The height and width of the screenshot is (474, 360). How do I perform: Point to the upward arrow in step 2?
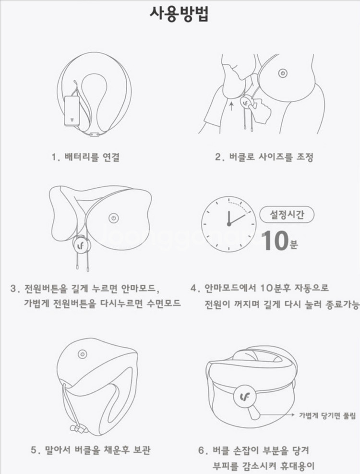click(x=231, y=104)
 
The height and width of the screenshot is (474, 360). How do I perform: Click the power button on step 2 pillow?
click(x=283, y=73)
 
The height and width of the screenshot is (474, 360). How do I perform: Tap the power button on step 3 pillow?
click(x=113, y=218)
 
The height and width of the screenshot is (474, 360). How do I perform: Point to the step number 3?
click(x=14, y=289)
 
